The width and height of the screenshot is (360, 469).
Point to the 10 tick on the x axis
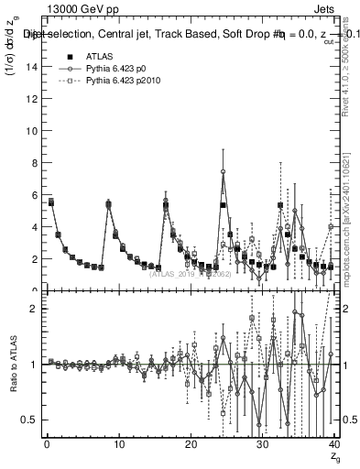(118, 446)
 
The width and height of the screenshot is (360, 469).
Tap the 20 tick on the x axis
(190, 446)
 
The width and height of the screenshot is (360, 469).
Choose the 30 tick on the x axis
(262, 446)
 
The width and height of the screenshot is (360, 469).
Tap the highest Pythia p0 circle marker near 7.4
(223, 171)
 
